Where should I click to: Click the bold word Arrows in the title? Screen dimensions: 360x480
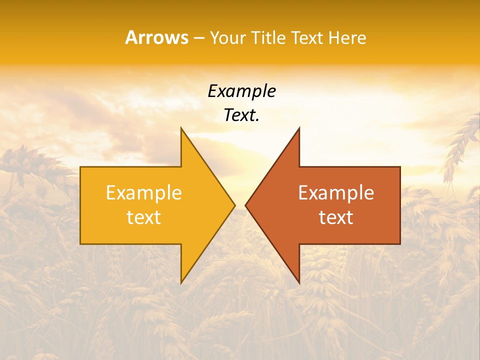(x=156, y=37)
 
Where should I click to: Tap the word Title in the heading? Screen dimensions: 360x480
(x=270, y=37)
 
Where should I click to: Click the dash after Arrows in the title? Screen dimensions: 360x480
(x=198, y=38)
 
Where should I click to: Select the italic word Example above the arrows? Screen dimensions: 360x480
(x=241, y=91)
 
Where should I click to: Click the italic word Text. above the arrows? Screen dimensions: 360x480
(x=241, y=115)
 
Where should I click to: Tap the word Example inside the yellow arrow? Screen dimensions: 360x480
(x=144, y=193)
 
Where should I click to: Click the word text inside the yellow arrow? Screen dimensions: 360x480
(x=144, y=217)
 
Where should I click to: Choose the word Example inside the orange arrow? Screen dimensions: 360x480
(x=336, y=193)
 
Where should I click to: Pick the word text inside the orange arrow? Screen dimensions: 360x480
(x=336, y=217)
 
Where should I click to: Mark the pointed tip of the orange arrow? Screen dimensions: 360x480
(x=246, y=205)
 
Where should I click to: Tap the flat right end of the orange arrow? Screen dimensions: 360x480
(x=399, y=205)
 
